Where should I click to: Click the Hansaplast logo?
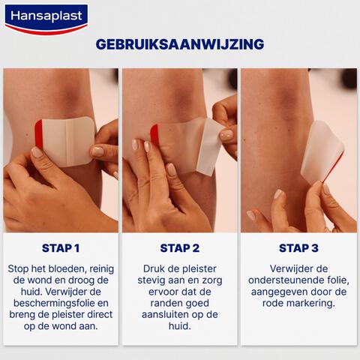(x=46, y=18)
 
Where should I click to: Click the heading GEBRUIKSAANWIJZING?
(x=180, y=43)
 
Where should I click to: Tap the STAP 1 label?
(x=61, y=248)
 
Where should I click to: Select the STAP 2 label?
(x=180, y=248)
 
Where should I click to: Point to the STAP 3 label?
(x=298, y=248)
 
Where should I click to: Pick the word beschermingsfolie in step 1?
(x=50, y=304)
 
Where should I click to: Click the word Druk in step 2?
(x=153, y=268)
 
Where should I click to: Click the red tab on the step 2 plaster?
(x=154, y=135)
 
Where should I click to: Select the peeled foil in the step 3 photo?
(x=321, y=154)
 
